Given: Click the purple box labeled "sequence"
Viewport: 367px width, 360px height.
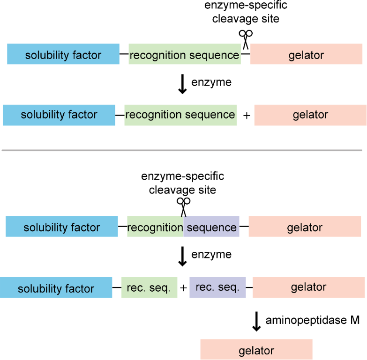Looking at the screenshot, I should tap(211, 228).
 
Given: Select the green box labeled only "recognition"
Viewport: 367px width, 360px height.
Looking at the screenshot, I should tap(155, 228).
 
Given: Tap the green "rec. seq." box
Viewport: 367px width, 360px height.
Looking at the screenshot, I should tap(150, 287).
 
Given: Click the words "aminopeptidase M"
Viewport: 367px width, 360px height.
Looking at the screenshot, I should tap(313, 320).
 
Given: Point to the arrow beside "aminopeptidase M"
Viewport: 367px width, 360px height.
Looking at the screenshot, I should tap(256, 321).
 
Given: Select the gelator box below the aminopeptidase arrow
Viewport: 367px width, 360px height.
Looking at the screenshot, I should tap(256, 350).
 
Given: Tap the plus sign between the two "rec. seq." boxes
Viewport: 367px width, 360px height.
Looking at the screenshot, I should tap(184, 288).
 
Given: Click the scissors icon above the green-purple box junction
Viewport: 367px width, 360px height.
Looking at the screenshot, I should tap(183, 204).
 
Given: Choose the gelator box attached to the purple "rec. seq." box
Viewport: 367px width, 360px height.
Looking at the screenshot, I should tap(308, 287).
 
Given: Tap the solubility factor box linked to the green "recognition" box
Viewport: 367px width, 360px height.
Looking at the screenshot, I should tap(62, 228).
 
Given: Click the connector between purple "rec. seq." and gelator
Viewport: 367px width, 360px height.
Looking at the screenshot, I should tap(249, 287).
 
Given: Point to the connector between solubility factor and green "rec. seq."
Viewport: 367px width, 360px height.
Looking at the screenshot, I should tap(116, 288).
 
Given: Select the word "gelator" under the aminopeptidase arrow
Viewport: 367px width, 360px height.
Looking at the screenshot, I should tap(256, 351).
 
